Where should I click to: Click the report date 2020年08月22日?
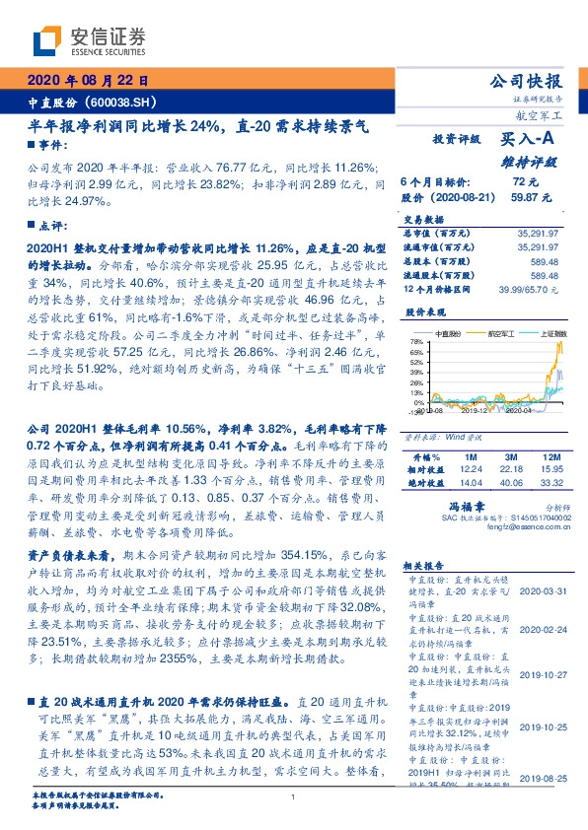87,81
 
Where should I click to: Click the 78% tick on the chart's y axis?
416,340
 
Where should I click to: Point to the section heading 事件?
46,146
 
